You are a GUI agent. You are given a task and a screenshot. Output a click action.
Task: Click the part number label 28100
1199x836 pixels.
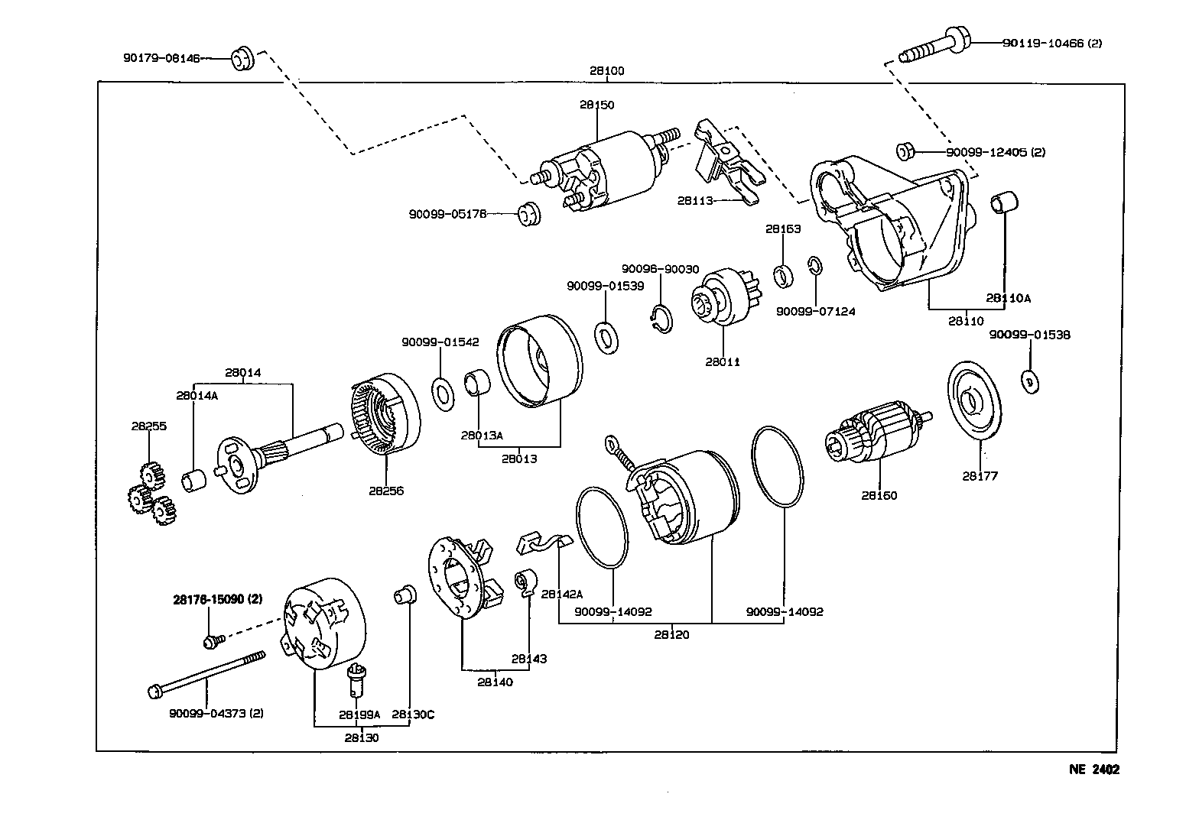pos(606,71)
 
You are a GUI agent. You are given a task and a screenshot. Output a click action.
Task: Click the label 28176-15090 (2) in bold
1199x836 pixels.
pos(218,600)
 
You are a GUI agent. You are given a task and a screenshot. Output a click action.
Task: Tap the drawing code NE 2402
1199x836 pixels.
pos(1093,770)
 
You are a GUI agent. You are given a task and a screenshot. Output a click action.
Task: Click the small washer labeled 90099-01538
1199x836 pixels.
pos(1029,380)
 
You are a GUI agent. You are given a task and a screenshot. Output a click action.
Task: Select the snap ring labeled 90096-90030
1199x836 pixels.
pos(661,319)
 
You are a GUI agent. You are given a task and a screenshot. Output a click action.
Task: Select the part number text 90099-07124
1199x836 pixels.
pos(815,311)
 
